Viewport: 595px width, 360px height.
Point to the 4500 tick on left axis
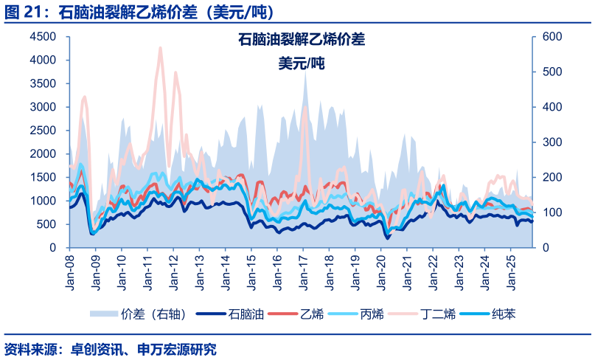pos(42,37)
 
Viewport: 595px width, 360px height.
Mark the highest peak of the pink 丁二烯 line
pos(160,48)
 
